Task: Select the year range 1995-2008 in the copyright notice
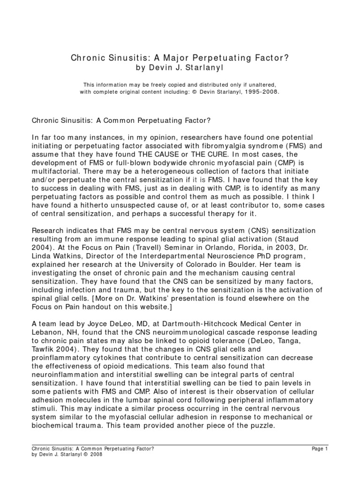point(262,92)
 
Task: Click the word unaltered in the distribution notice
point(253,84)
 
